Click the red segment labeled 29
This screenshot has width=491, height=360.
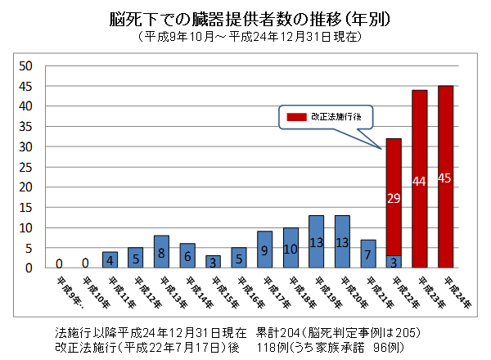(394, 197)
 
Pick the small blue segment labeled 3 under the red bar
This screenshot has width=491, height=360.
(394, 262)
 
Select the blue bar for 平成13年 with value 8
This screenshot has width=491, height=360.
(161, 252)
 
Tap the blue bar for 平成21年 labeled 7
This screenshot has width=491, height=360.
(368, 254)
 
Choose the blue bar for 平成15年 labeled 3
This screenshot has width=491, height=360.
(212, 262)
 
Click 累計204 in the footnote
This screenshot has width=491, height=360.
(278, 334)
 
